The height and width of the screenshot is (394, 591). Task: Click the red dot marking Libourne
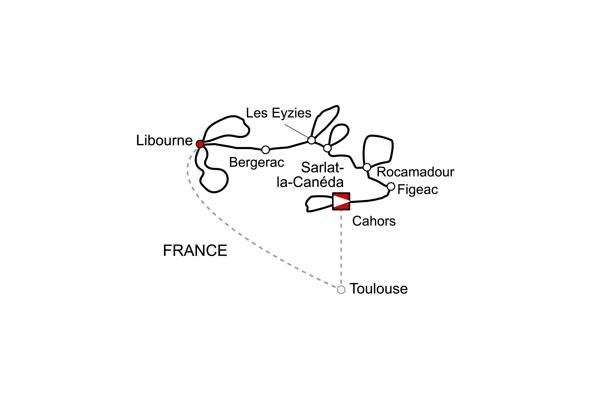(200, 144)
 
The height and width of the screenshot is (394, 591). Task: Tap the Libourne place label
(164, 140)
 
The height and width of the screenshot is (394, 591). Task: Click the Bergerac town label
(256, 162)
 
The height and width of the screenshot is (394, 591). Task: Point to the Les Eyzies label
(278, 113)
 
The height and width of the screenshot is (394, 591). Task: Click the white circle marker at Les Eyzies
(311, 140)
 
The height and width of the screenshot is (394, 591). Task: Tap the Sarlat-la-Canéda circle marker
(327, 148)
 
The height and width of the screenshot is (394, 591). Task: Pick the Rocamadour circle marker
(367, 167)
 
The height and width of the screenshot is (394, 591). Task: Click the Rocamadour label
(415, 172)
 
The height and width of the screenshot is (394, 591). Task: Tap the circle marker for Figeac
(391, 187)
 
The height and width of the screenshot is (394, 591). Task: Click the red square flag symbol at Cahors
(341, 201)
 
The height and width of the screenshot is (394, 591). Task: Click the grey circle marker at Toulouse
(341, 290)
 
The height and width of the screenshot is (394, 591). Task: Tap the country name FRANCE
(195, 251)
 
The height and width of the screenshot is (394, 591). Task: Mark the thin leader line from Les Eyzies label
(296, 131)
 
